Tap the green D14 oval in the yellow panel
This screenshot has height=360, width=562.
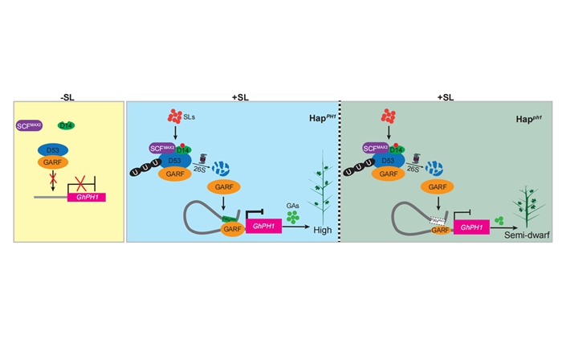(67, 125)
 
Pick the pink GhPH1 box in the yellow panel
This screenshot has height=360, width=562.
(88, 197)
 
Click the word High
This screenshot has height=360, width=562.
(323, 231)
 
